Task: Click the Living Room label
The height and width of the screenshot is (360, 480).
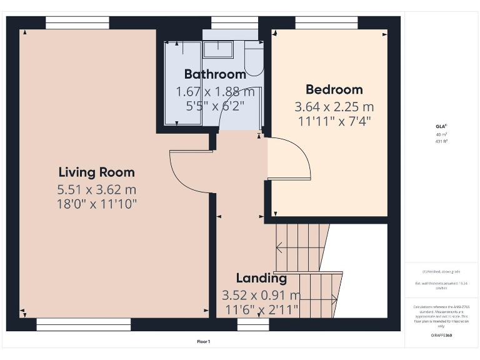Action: point(96,172)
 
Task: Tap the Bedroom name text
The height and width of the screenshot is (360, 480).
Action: point(334,89)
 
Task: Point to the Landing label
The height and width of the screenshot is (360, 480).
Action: point(261,278)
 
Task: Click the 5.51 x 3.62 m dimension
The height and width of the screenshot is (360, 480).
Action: point(96,189)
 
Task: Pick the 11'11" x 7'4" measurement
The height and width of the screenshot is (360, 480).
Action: point(334,121)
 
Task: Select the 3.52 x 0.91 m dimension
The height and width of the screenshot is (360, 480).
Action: point(261,295)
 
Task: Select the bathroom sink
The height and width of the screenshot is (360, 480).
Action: point(219,47)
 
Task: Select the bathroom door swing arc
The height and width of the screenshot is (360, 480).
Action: point(241,103)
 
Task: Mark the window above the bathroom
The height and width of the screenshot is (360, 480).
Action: point(234,22)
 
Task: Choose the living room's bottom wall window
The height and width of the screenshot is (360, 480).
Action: point(83,324)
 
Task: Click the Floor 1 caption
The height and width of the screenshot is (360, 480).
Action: point(204,342)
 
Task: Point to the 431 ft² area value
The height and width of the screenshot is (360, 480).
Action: point(442,142)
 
